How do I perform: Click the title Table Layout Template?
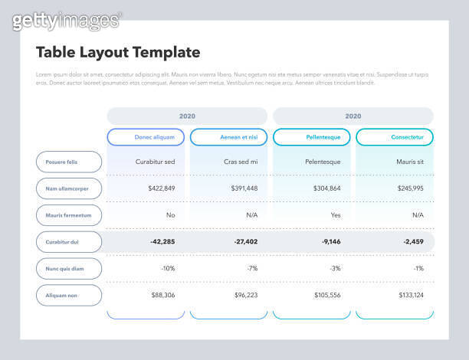click(118, 52)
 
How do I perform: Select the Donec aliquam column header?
click(146, 137)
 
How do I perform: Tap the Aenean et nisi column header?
click(228, 137)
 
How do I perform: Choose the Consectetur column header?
click(395, 137)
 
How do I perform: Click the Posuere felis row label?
click(68, 162)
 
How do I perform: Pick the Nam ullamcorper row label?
click(68, 188)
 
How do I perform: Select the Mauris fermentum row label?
click(68, 215)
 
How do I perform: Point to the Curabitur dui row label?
click(68, 242)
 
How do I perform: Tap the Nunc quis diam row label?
click(68, 269)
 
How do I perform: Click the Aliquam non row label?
click(68, 295)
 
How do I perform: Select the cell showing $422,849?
click(161, 188)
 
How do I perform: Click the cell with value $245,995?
click(409, 188)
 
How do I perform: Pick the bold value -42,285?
click(162, 242)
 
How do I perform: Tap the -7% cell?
click(251, 269)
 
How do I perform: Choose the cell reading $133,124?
click(410, 295)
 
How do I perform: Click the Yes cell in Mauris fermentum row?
click(335, 215)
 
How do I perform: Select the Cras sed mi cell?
click(241, 162)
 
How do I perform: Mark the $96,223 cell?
click(244, 295)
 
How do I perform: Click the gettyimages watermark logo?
click(67, 21)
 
